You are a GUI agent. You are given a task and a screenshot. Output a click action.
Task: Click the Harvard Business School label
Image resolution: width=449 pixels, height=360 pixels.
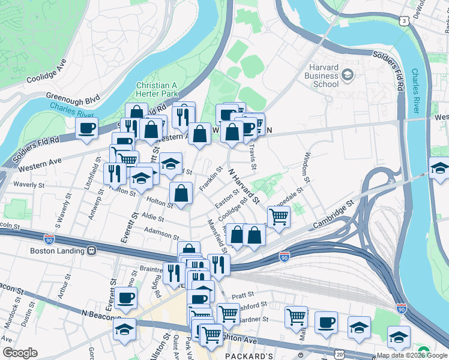click(325, 76)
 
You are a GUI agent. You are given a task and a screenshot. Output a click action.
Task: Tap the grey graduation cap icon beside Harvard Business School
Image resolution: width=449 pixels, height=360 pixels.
click(346, 75)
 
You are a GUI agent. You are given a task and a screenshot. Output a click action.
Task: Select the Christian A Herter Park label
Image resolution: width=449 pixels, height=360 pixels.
click(157, 90)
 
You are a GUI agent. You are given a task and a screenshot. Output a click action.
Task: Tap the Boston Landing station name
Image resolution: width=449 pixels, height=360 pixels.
click(59, 251)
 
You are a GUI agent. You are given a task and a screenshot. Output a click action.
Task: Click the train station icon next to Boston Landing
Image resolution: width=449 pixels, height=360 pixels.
click(91, 251)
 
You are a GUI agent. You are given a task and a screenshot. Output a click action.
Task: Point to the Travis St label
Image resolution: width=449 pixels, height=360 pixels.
click(255, 155)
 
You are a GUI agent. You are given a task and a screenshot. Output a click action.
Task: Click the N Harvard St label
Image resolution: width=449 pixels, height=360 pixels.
click(244, 184)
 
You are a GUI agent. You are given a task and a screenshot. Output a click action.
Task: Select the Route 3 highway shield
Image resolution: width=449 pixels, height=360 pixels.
click(405, 20)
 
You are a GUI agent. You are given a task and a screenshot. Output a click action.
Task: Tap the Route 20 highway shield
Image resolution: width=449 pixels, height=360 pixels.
click(340, 355)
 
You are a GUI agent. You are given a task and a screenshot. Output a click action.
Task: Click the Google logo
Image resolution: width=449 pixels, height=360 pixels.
click(20, 353)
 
